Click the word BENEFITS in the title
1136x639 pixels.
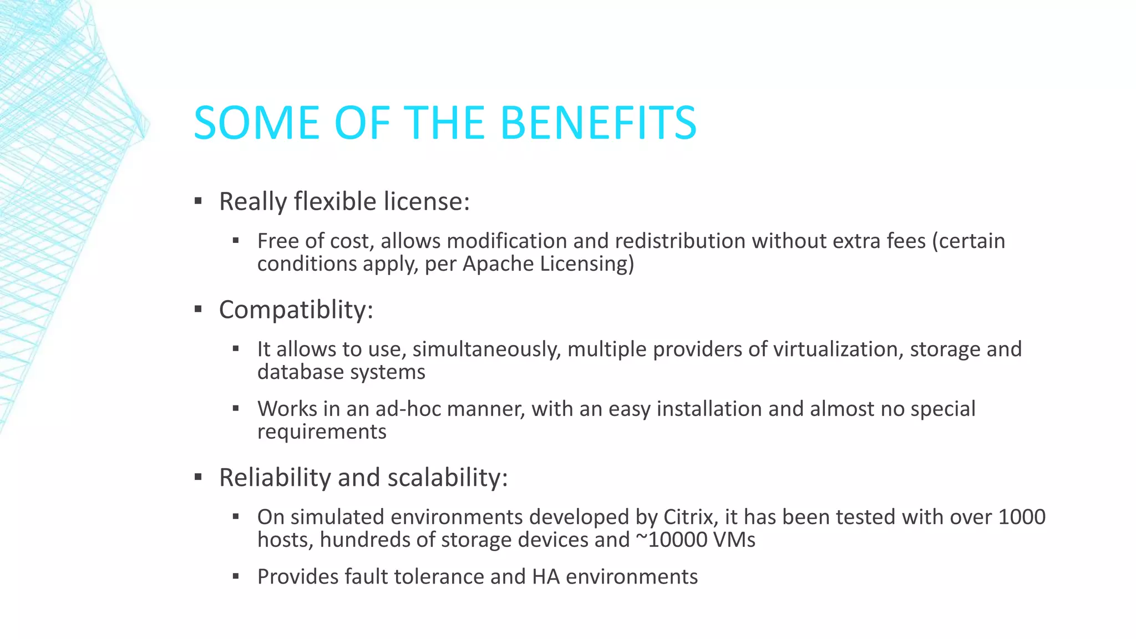click(x=598, y=123)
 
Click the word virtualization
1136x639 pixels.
click(x=838, y=349)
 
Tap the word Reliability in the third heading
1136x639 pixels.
click(x=275, y=478)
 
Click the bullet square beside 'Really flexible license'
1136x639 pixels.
click(x=198, y=201)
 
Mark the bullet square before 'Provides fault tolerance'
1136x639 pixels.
click(x=236, y=577)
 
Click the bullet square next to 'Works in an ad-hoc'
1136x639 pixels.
click(x=236, y=409)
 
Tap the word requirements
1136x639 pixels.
click(x=322, y=432)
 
